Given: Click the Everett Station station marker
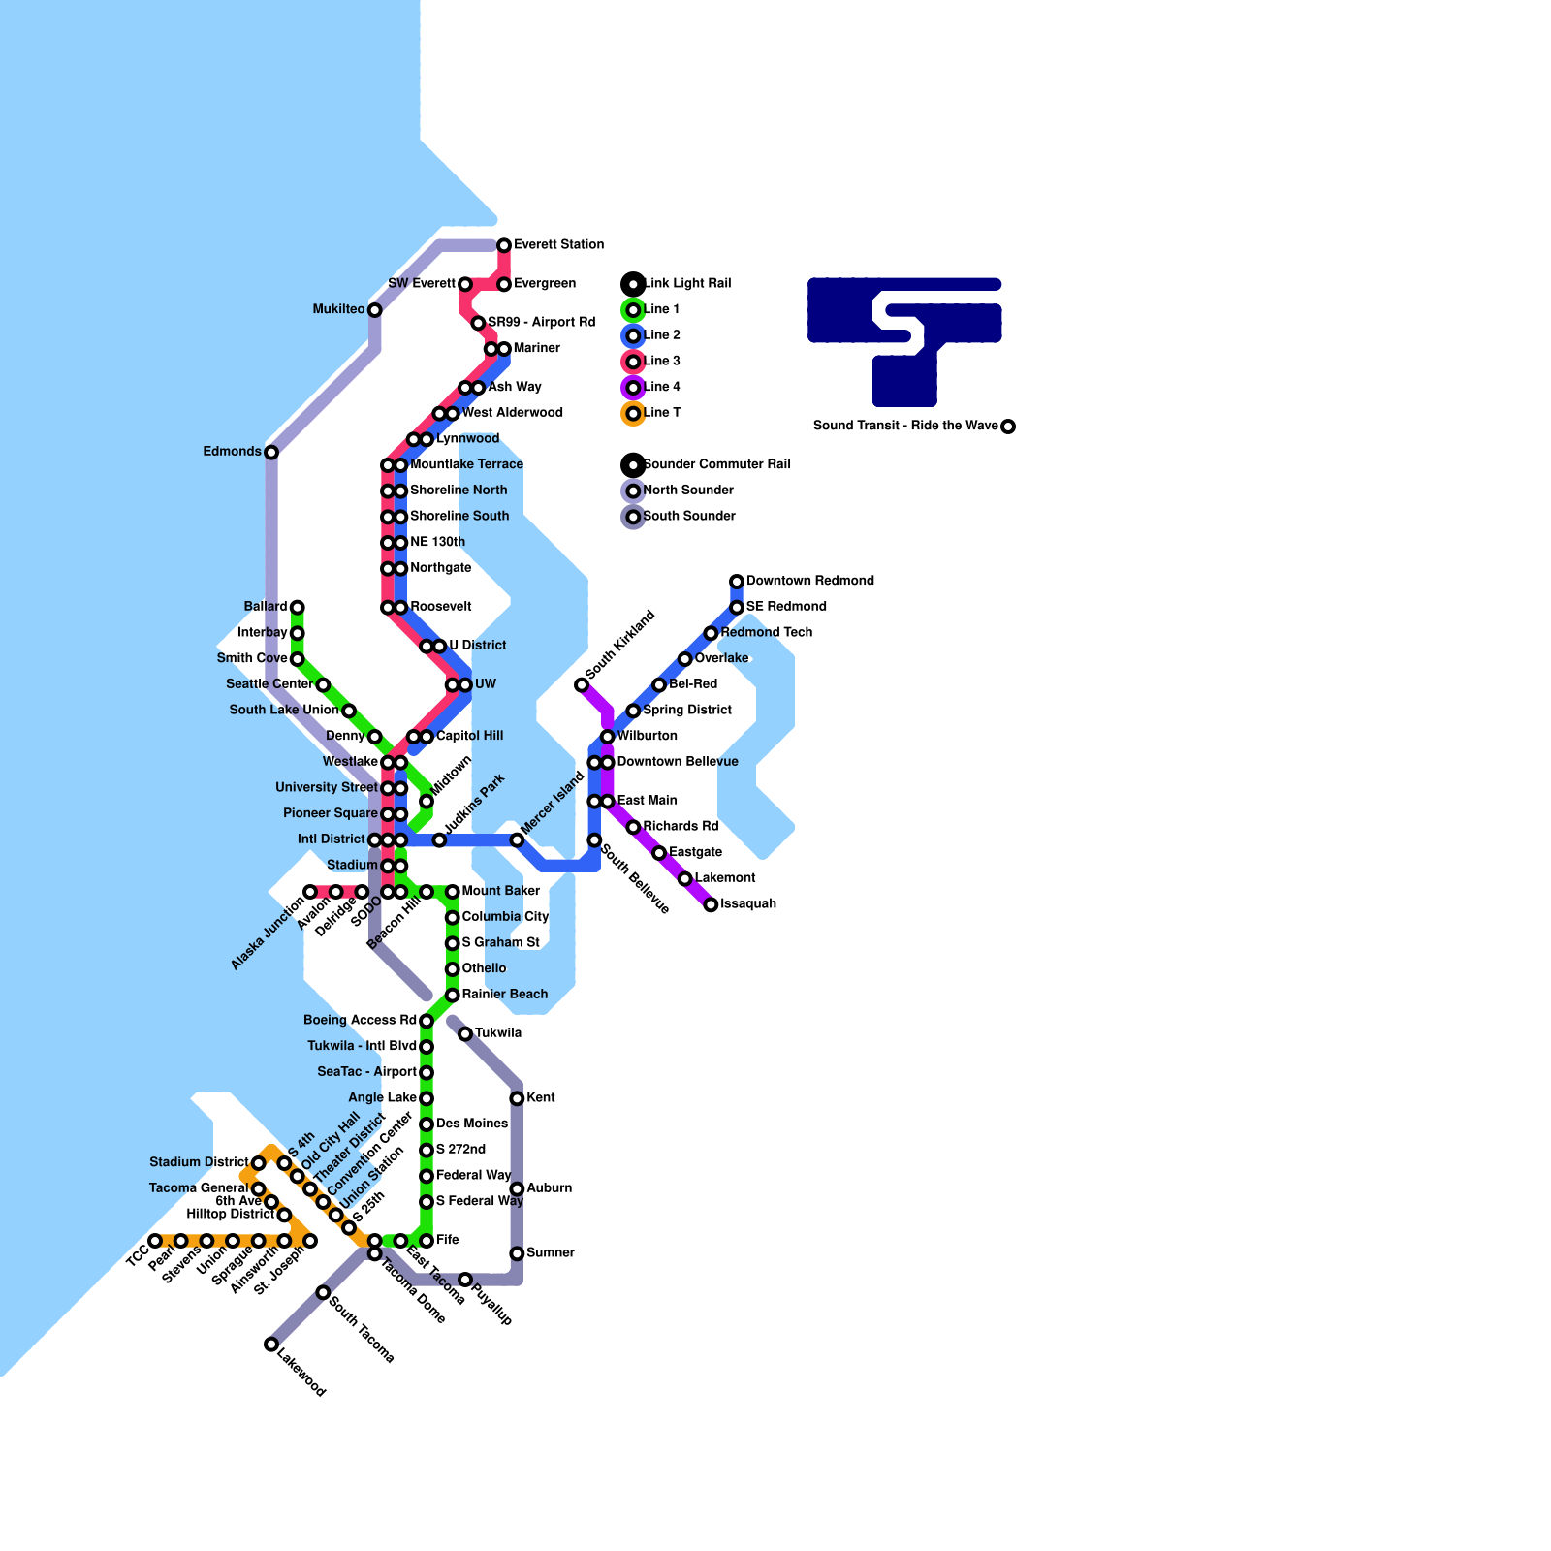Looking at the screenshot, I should pyautogui.click(x=504, y=245).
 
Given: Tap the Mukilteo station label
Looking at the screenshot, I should pyautogui.click(x=338, y=310).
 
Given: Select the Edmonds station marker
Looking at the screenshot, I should pyautogui.click(x=271, y=453).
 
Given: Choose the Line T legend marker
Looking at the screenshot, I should pyautogui.click(x=633, y=414).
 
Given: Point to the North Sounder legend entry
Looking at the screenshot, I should pyautogui.click(x=688, y=491).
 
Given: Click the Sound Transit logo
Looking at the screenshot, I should pyautogui.click(x=904, y=339).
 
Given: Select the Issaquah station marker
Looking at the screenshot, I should pyautogui.click(x=711, y=905).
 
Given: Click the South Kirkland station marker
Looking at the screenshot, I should pyautogui.click(x=582, y=685).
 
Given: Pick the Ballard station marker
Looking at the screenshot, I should pyautogui.click(x=298, y=608).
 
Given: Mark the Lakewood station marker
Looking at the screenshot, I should pyautogui.click(x=271, y=1345).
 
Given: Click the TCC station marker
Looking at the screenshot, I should pyautogui.click(x=155, y=1241).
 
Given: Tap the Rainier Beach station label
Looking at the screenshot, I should pyautogui.click(x=505, y=995).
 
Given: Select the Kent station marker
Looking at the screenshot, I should pyautogui.click(x=517, y=1098).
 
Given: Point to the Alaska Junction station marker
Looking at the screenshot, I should pyautogui.click(x=310, y=892).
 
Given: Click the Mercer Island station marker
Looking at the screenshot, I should pyautogui.click(x=517, y=840).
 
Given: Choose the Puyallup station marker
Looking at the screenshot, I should pyautogui.click(x=465, y=1281).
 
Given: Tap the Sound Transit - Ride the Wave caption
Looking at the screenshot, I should pyautogui.click(x=904, y=427).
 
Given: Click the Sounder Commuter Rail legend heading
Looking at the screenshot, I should pyautogui.click(x=716, y=465).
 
